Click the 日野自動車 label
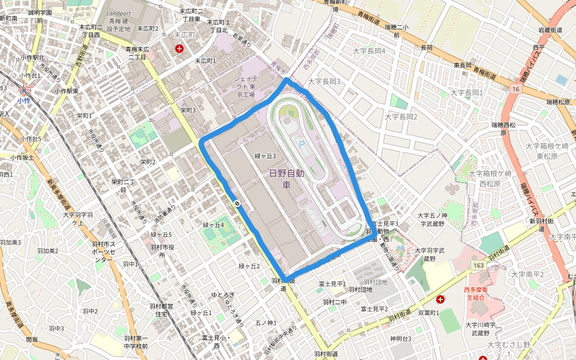tap(286, 179)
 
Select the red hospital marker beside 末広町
tap(179, 48)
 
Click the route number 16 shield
tap(515, 89)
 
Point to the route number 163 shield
tap(478, 265)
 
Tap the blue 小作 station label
tap(24, 101)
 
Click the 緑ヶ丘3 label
tap(265, 156)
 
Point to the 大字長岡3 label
tap(324, 81)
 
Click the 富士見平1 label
tap(332, 284)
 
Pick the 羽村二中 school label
tap(335, 302)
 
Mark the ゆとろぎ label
tap(222, 295)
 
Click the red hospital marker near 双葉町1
tap(441, 298)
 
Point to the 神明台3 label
tap(400, 338)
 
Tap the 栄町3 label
tap(188, 110)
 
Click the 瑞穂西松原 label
tap(505, 128)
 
